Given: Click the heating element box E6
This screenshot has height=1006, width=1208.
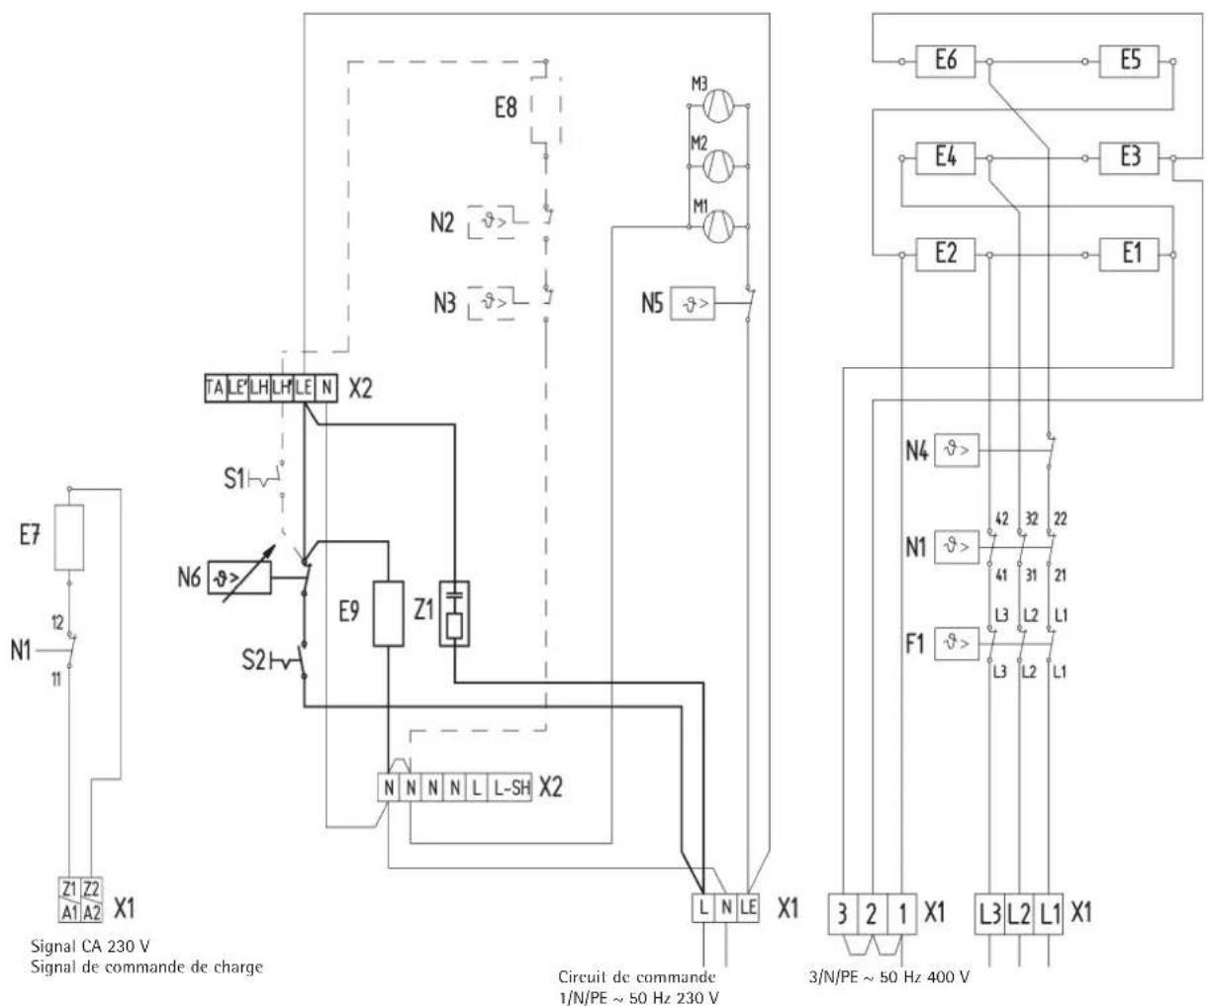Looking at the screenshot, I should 945,61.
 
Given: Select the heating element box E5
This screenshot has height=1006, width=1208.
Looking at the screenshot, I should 1130,61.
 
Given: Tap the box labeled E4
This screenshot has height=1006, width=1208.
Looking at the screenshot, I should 945,157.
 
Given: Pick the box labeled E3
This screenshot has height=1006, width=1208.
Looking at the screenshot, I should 1130,157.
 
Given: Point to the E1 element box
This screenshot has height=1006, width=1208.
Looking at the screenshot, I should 1130,254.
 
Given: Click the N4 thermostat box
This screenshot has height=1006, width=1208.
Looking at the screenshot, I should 954,450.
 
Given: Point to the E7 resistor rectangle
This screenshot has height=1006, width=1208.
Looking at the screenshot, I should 68,537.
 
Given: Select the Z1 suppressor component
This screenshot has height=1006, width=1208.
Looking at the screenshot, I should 454,613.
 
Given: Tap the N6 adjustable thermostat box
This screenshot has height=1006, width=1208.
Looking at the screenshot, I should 237,578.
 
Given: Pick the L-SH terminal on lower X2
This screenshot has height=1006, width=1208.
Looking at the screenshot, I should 513,788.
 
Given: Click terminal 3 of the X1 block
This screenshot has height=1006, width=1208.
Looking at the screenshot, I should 841,913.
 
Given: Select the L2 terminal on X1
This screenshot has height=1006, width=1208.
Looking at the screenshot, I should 1018,913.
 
